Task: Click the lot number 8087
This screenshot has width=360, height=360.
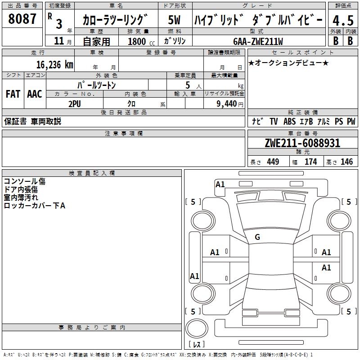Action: tap(22, 19)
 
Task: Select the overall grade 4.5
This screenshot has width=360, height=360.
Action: tap(343, 20)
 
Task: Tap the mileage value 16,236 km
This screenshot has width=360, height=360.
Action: tap(54, 65)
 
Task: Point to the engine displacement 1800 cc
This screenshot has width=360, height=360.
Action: tap(141, 41)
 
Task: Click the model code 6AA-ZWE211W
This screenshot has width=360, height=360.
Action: tap(258, 41)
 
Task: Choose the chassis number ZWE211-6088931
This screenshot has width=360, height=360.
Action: tap(302, 143)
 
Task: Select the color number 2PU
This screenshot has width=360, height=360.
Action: tap(75, 104)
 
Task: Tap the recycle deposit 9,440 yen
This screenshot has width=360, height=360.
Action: tap(230, 104)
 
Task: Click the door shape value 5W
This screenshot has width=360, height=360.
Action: tap(174, 20)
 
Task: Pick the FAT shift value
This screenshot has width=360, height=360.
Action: tap(13, 94)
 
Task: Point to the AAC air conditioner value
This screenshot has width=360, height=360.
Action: tap(35, 94)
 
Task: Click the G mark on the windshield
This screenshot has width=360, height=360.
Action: tap(257, 237)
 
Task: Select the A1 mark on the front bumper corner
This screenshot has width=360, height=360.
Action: tap(220, 184)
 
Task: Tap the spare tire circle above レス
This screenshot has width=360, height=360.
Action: tap(197, 328)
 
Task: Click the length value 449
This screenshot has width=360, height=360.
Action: tap(273, 162)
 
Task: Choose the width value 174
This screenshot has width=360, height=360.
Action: tap(310, 162)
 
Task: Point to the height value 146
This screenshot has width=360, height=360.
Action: tap(346, 162)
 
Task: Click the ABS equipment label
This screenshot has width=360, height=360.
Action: tap(289, 121)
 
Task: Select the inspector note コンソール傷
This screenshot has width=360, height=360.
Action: tap(25, 181)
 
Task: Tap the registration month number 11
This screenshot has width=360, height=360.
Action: tap(59, 41)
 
